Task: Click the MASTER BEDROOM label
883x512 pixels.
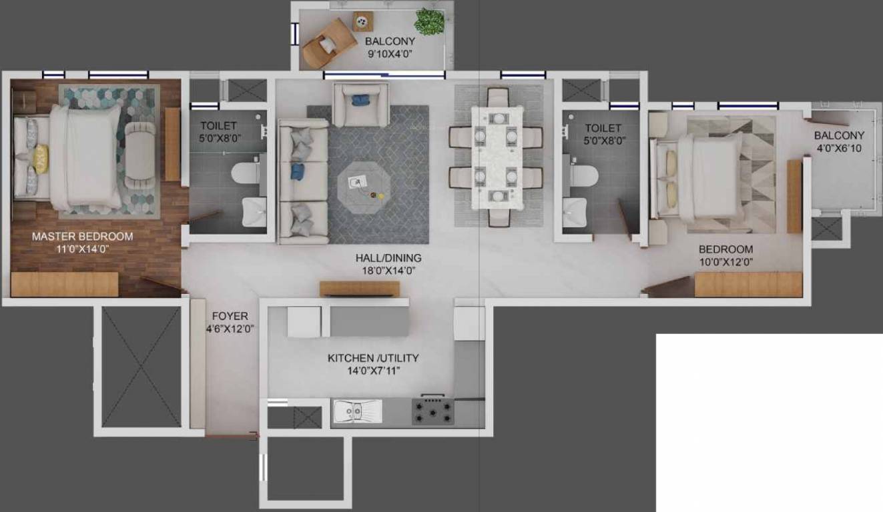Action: pos(82,236)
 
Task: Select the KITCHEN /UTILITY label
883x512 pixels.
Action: pos(373,358)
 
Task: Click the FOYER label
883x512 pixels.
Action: pos(230,316)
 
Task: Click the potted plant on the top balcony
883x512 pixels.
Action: pos(428,21)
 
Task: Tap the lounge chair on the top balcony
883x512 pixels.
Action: pos(327,43)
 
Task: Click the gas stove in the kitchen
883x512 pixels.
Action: pos(432,411)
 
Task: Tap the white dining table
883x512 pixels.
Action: pos(495,157)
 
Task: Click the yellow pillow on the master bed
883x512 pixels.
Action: pos(41,159)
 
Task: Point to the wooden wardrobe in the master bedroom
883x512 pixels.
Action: pos(64,284)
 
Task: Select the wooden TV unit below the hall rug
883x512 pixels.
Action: pos(359,289)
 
